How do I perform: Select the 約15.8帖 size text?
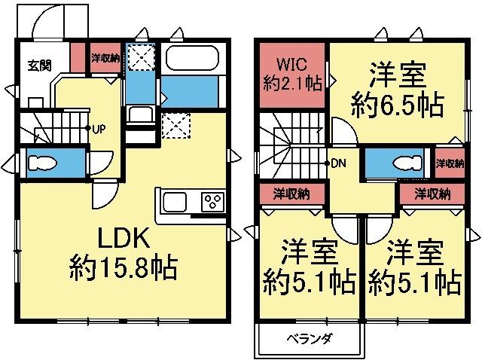tap(124, 267)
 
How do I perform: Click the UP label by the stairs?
tap(98, 128)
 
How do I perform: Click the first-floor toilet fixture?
tap(44, 163)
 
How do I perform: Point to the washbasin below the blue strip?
tap(140, 117)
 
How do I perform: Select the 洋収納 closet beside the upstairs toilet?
tap(449, 163)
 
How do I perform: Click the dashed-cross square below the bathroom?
tap(176, 123)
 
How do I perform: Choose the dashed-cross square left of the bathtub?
tap(140, 59)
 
